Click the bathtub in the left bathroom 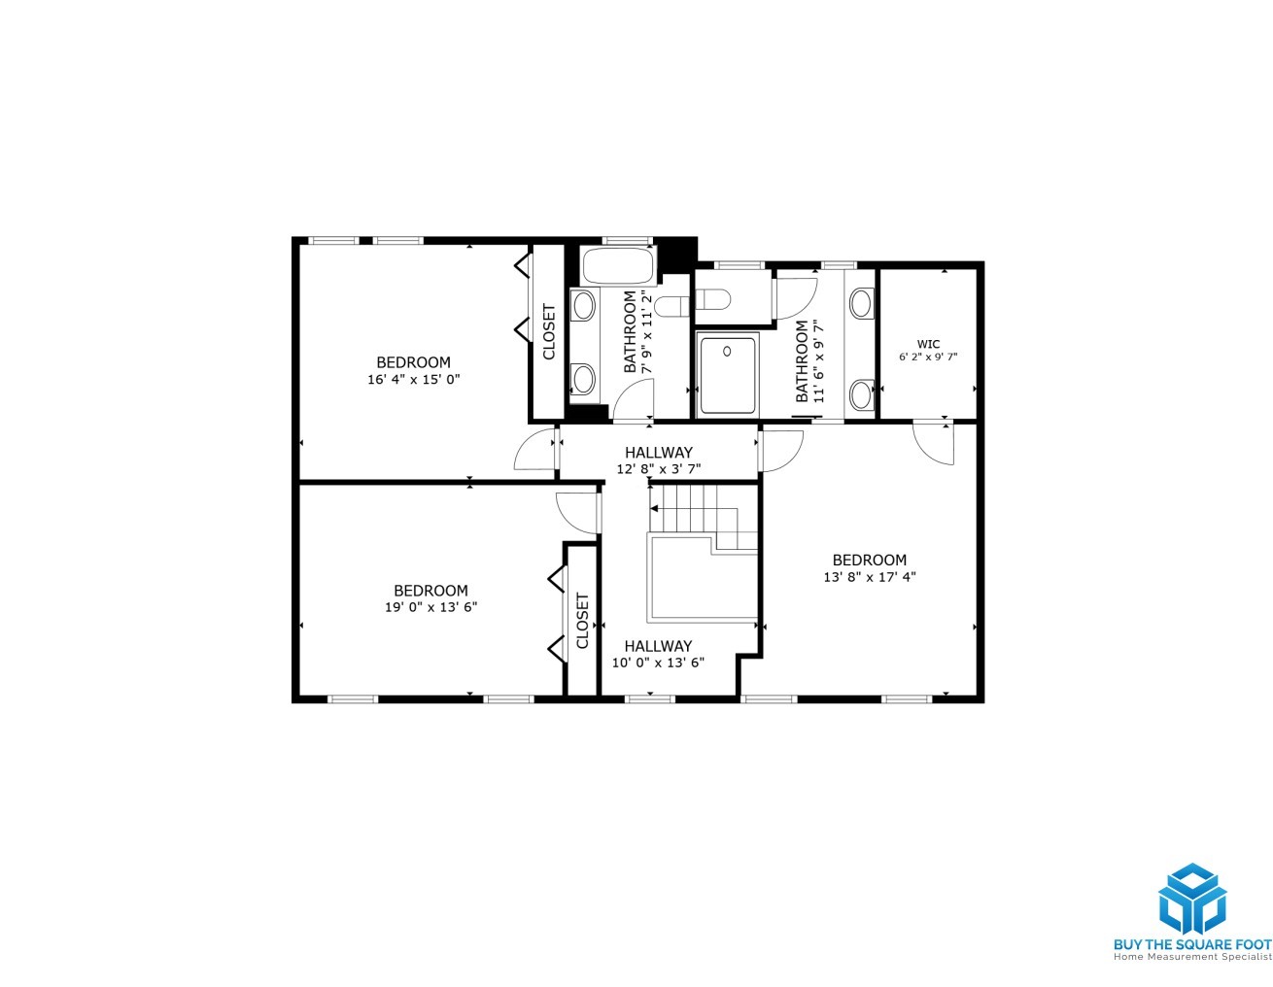618,266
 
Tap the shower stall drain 727,351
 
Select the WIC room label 928,344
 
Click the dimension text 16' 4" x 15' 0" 413,379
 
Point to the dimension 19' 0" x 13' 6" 430,607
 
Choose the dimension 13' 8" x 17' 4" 870,577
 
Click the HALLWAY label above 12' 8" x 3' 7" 659,452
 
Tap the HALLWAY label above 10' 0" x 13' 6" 658,646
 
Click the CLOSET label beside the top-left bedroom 549,331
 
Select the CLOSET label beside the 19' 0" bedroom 582,621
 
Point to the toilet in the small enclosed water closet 712,300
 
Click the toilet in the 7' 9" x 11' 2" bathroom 671,306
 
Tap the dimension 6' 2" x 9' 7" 928,357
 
